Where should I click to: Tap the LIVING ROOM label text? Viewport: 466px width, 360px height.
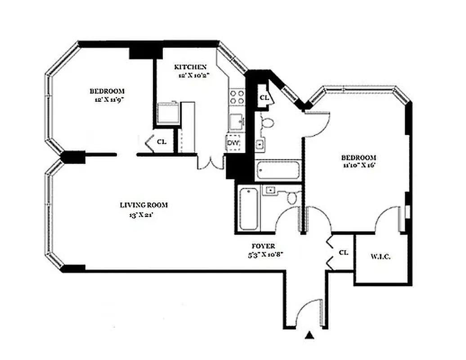(x=143, y=205)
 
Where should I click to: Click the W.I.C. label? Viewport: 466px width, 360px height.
(x=381, y=257)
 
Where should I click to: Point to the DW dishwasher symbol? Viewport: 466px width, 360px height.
(x=233, y=143)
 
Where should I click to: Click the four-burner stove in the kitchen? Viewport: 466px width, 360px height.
(x=237, y=97)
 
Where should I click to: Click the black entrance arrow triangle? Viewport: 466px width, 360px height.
(x=309, y=335)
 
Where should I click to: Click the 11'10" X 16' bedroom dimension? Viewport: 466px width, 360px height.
(x=358, y=165)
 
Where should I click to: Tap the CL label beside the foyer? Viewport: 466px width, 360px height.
(x=343, y=253)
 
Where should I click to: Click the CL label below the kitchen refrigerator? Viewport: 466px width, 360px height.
(x=161, y=142)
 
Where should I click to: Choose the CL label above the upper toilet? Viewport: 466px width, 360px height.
(x=264, y=97)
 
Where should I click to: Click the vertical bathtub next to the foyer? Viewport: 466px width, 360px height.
(x=248, y=208)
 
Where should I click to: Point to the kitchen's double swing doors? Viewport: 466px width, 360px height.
(x=211, y=162)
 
